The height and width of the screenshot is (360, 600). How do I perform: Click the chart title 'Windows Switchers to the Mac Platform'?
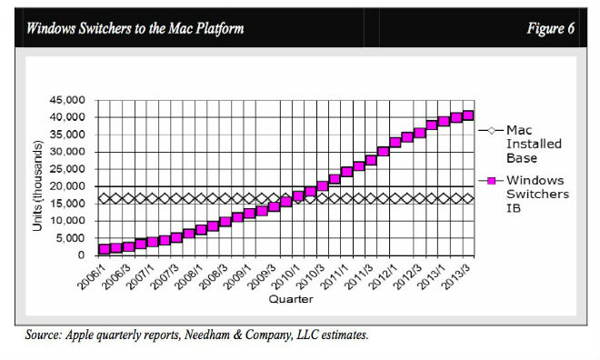tap(135, 28)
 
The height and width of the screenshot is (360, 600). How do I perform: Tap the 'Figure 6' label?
tap(551, 28)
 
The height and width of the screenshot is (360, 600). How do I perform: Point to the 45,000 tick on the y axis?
tap(67, 100)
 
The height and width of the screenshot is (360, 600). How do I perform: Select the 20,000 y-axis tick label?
tap(67, 186)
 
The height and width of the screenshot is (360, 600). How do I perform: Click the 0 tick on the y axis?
tap(81, 255)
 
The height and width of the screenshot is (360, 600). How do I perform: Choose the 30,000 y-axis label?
tap(67, 152)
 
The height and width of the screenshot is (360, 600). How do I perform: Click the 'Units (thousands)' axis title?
tap(37, 186)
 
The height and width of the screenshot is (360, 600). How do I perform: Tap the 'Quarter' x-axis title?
tap(291, 299)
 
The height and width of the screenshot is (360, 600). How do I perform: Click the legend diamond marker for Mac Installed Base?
tap(491, 131)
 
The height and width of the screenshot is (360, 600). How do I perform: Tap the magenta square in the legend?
tap(491, 181)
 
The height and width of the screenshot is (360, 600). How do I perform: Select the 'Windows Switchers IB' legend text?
tap(537, 195)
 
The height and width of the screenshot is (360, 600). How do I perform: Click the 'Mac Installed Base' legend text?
tap(534, 145)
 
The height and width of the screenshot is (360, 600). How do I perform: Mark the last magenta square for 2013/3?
tap(468, 115)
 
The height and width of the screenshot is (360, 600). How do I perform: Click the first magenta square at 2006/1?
tap(104, 249)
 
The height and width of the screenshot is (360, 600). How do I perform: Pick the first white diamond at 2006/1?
tap(104, 198)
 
